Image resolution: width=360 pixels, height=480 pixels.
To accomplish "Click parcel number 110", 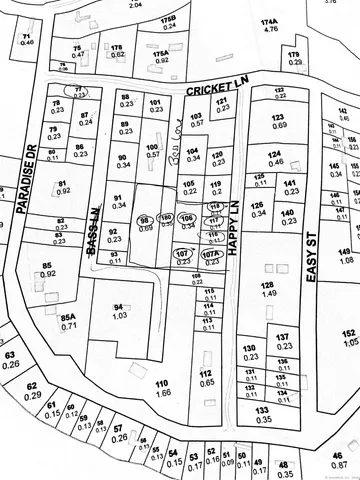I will (x=161, y=382).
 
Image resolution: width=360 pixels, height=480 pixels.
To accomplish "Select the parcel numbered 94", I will (x=119, y=307).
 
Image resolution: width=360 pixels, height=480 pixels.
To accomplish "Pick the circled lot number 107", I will (x=181, y=254).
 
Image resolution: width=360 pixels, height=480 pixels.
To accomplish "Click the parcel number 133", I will (x=262, y=410).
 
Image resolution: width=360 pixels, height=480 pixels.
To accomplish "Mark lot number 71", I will (x=26, y=36).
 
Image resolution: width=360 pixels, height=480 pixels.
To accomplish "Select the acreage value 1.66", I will (x=161, y=394).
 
